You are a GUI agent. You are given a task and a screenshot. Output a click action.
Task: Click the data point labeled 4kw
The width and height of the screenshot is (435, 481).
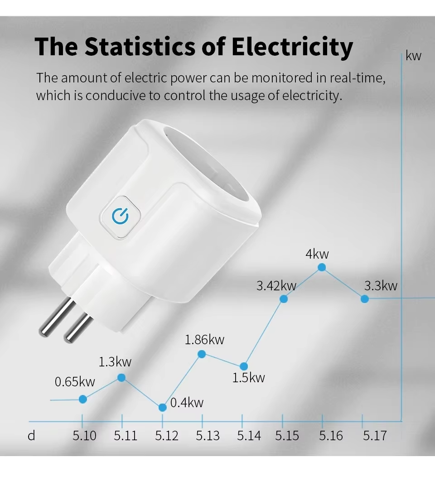pyautogui.click(x=322, y=267)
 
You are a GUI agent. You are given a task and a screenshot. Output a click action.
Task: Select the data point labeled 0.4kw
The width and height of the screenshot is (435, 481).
pyautogui.click(x=163, y=407)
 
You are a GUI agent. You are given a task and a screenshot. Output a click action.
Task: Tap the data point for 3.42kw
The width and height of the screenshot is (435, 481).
pyautogui.click(x=284, y=298)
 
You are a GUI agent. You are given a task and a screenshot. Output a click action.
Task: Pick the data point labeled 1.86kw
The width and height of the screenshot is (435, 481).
pyautogui.click(x=202, y=354)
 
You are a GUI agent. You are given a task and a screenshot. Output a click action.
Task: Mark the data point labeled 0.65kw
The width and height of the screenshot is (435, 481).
pyautogui.click(x=83, y=399)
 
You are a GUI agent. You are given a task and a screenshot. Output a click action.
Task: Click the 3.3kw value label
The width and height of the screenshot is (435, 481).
pyautogui.click(x=381, y=286)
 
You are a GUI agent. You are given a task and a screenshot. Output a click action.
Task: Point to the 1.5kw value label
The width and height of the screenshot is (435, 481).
pyautogui.click(x=248, y=378)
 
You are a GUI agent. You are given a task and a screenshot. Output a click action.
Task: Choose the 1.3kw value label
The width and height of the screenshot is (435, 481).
pyautogui.click(x=115, y=362)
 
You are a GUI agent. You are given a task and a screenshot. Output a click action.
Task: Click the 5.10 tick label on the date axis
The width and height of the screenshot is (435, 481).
pyautogui.click(x=85, y=436)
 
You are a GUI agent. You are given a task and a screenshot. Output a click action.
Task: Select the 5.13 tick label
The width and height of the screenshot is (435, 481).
pyautogui.click(x=208, y=436)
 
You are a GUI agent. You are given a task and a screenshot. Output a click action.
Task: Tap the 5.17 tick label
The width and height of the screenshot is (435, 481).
pyautogui.click(x=375, y=436)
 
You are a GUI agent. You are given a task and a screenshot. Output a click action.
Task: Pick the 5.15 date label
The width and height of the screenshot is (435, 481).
pyautogui.click(x=287, y=436)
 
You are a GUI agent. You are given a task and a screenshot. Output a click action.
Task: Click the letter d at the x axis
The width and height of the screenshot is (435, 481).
pyautogui.click(x=31, y=436)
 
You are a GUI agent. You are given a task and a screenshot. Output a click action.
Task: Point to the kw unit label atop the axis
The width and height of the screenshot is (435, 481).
pyautogui.click(x=413, y=56)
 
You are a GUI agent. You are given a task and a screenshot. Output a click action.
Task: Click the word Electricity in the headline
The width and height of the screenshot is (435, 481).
pyautogui.click(x=292, y=47)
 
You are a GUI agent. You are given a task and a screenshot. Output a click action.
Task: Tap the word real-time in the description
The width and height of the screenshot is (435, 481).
pyautogui.click(x=358, y=78)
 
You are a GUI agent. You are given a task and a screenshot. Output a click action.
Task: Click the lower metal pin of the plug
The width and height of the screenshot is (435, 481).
pyautogui.click(x=78, y=327)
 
